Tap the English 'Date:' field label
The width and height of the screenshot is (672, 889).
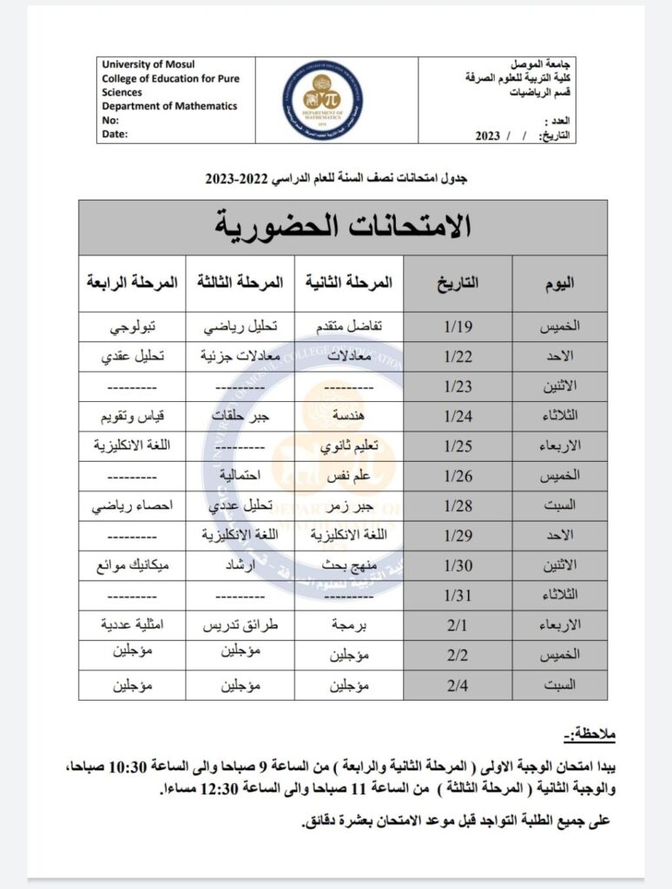pyautogui.click(x=115, y=135)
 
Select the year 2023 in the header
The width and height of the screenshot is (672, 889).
pyautogui.click(x=490, y=136)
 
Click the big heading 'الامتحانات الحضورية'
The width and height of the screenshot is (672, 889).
pyautogui.click(x=342, y=227)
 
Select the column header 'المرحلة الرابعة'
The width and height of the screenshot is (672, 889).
pyautogui.click(x=132, y=283)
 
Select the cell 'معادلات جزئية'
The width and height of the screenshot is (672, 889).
pyautogui.click(x=240, y=356)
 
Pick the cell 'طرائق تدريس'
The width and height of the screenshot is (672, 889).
pyautogui.click(x=240, y=625)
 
